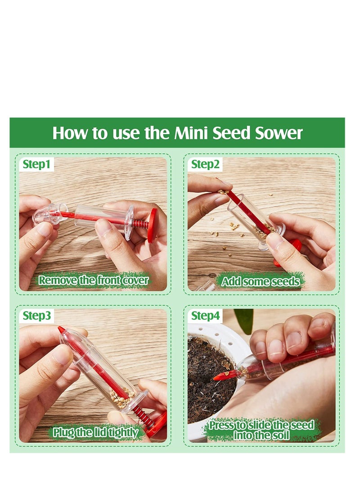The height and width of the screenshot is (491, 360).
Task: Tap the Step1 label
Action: coord(36,164)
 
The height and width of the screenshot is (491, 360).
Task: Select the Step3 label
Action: coord(36,315)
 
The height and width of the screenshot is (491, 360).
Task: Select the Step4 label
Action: coord(205,315)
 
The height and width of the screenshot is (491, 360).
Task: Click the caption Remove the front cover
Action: coord(93,281)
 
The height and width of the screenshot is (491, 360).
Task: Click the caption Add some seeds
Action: coord(261,282)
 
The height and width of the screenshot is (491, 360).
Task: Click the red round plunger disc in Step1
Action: coord(152,225)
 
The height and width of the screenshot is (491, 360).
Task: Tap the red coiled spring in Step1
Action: coord(141,223)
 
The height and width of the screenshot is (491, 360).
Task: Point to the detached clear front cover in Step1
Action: coord(49,213)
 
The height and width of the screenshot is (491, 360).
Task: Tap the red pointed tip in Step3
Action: coord(61,330)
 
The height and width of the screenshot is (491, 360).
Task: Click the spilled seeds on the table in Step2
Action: coord(234,226)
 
